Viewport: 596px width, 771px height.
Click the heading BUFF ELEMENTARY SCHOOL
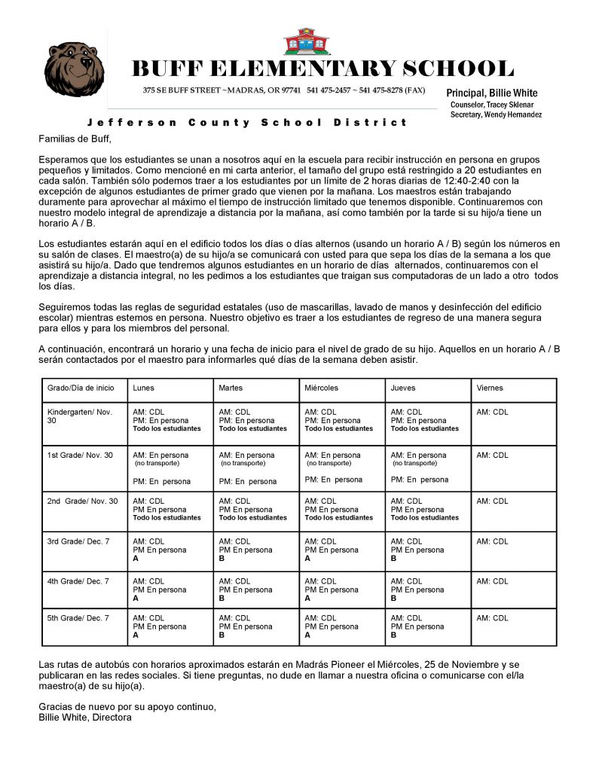tap(322, 69)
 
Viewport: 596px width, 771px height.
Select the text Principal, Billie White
tap(492, 93)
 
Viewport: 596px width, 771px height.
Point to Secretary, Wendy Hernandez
tap(496, 114)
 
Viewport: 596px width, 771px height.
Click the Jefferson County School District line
tap(247, 122)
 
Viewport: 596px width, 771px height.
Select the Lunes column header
tap(144, 388)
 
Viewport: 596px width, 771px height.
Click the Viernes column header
tap(490, 388)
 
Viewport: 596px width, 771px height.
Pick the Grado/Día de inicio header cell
tap(81, 388)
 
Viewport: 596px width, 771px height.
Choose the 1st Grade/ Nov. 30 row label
tap(80, 455)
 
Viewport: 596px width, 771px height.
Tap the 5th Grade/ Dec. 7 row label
tap(78, 618)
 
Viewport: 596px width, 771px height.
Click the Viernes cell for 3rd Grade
tap(514, 550)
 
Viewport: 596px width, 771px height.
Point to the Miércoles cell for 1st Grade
tap(341, 468)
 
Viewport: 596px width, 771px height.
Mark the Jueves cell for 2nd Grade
tap(427, 510)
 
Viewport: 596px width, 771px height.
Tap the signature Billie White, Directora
tap(85, 718)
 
